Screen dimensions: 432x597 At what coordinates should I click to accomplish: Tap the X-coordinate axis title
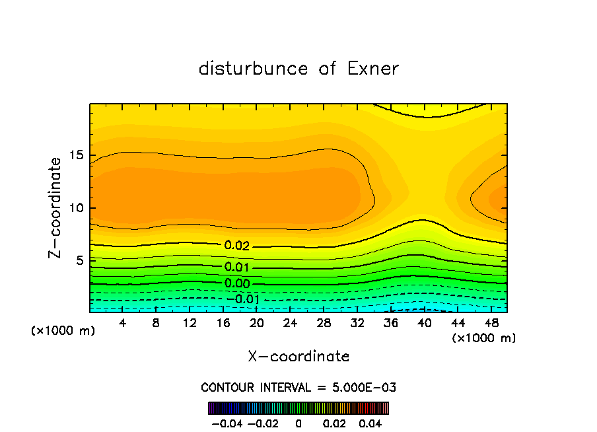[x=298, y=356]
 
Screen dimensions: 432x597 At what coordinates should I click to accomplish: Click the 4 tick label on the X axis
[x=122, y=323]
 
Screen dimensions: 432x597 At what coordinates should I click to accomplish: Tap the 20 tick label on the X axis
[x=256, y=323]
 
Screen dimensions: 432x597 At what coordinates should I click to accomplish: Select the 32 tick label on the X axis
[x=357, y=323]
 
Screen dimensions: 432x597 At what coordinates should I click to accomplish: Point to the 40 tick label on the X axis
[x=423, y=323]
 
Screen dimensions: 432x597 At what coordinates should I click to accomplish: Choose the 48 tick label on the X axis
[x=491, y=323]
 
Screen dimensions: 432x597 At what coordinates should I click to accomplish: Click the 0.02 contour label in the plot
[x=237, y=246]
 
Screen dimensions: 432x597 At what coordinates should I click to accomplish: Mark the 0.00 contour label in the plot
[x=237, y=284]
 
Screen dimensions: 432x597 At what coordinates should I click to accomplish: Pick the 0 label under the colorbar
[x=298, y=423]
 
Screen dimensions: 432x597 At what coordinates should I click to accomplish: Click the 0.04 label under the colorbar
[x=372, y=423]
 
